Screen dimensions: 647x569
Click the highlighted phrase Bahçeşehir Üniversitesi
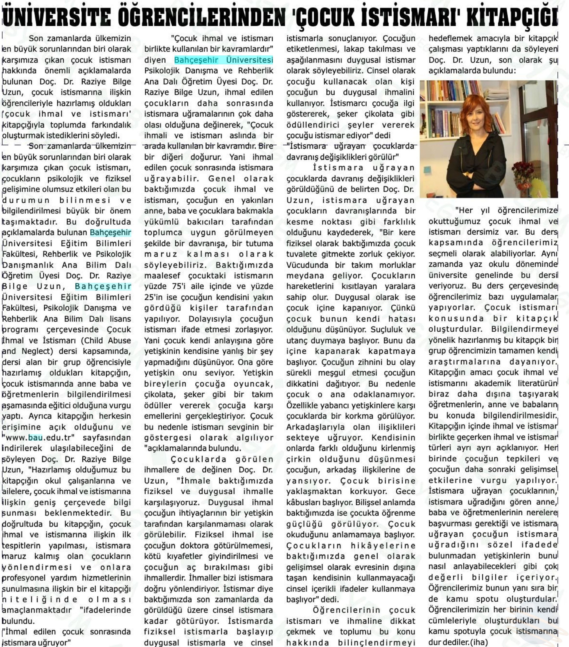(224, 60)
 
